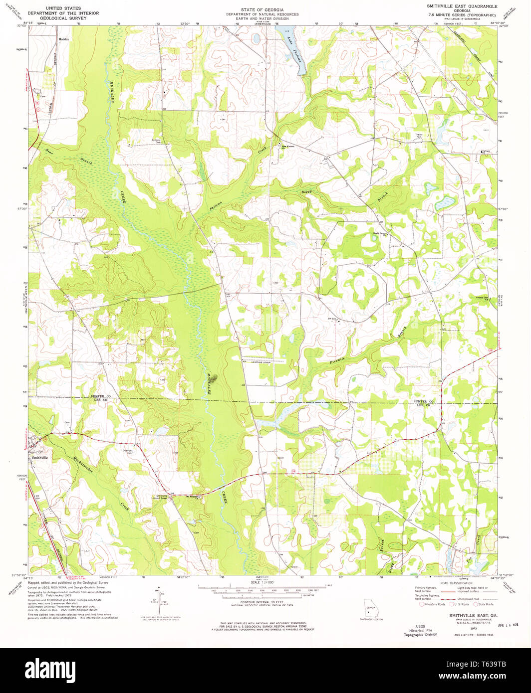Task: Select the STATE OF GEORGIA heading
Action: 262,9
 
